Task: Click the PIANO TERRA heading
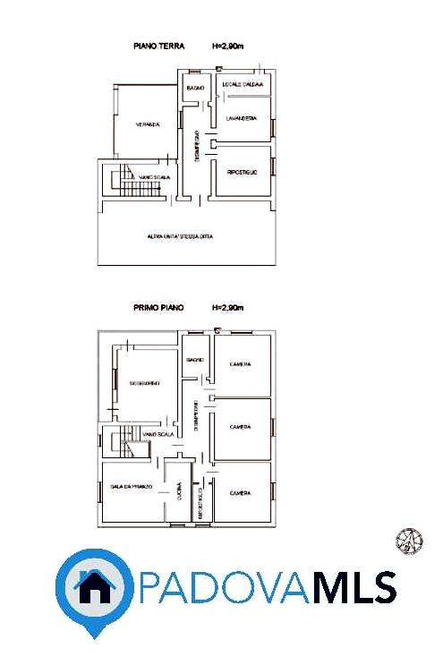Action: pyautogui.click(x=158, y=47)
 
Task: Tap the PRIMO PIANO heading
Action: pyautogui.click(x=158, y=307)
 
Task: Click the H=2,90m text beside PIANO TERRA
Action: pyautogui.click(x=227, y=47)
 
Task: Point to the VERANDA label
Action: pyautogui.click(x=148, y=124)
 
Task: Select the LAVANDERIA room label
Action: pyautogui.click(x=242, y=117)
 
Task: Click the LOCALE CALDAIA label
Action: pyautogui.click(x=242, y=86)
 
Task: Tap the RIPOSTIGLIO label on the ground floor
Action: pyautogui.click(x=243, y=171)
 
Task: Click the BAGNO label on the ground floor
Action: pyautogui.click(x=196, y=88)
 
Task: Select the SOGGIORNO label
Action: pyautogui.click(x=144, y=383)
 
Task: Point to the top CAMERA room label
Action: pyautogui.click(x=240, y=363)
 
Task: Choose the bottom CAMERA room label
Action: pyautogui.click(x=240, y=493)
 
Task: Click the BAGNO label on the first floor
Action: pyautogui.click(x=195, y=359)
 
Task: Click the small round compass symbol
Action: pyautogui.click(x=407, y=540)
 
